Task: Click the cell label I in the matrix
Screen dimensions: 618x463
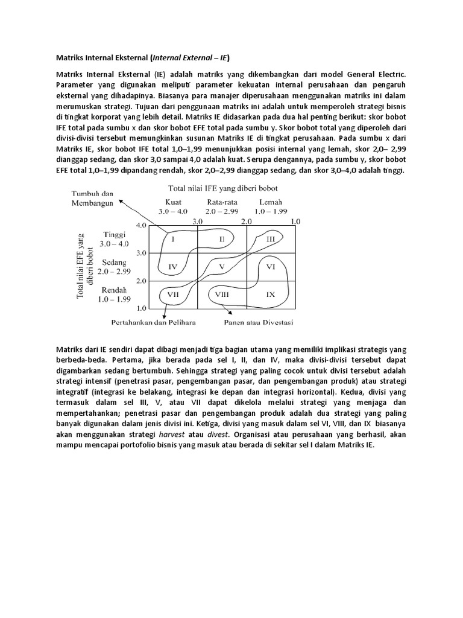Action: point(172,239)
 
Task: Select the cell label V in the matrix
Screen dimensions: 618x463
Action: point(222,266)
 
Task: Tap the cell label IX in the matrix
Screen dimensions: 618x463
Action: point(271,295)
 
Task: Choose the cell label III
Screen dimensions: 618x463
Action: point(271,239)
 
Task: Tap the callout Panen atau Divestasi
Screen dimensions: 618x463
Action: point(259,322)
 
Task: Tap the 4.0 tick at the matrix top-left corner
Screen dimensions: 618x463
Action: point(141,225)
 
